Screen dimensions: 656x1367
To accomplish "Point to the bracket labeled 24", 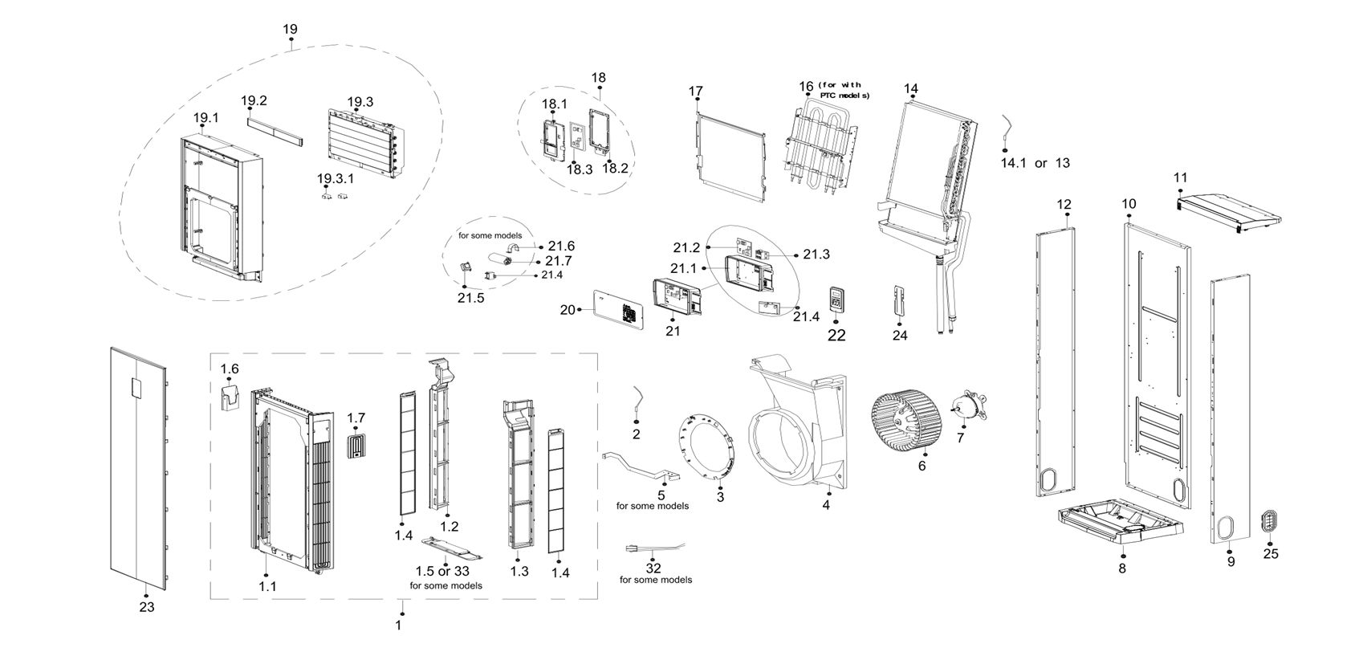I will pyautogui.click(x=901, y=301).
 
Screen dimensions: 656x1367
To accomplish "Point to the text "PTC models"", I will pyautogui.click(x=844, y=96).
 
